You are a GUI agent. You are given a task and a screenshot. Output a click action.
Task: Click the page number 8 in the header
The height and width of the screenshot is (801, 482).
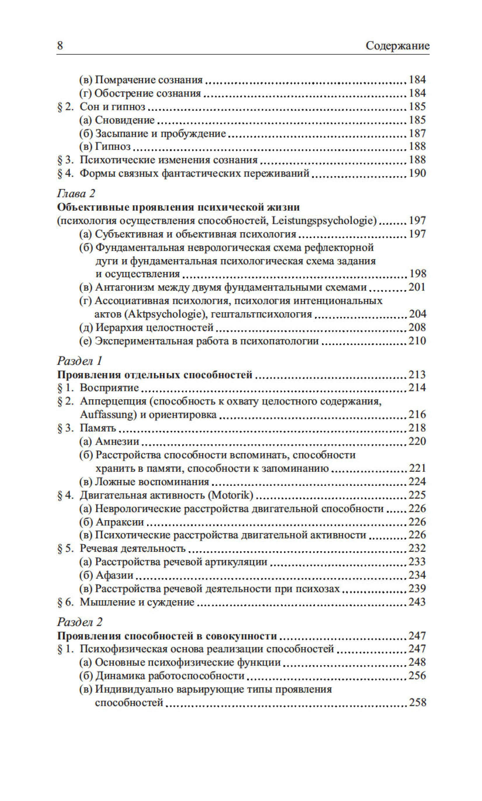pyautogui.click(x=60, y=46)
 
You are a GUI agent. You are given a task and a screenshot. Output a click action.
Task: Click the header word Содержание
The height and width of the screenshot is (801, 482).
pyautogui.click(x=397, y=46)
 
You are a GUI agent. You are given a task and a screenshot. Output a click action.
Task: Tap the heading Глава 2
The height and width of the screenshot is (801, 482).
pyautogui.click(x=76, y=194)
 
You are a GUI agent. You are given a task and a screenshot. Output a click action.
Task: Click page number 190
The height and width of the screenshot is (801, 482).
pyautogui.click(x=417, y=173)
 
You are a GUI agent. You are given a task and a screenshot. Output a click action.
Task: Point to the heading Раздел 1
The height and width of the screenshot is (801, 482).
pyautogui.click(x=80, y=361)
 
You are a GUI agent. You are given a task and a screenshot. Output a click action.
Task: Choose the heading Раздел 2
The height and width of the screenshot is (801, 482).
pyautogui.click(x=80, y=622)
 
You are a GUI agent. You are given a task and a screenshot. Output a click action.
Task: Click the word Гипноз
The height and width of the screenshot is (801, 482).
pyautogui.click(x=113, y=147)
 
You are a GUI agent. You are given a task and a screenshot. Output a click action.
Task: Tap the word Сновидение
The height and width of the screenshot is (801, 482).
pyautogui.click(x=125, y=120)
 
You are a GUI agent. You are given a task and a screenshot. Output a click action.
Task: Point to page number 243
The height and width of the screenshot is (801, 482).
pyautogui.click(x=417, y=602)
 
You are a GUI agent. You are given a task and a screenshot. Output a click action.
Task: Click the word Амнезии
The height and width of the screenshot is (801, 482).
pyautogui.click(x=117, y=441)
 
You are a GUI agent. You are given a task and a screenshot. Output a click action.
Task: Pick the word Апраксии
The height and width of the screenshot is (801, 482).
pyautogui.click(x=119, y=522)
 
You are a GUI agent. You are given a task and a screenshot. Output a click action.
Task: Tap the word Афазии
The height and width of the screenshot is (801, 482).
pyautogui.click(x=114, y=575)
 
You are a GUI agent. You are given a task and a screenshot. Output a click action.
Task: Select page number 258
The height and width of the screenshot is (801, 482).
pyautogui.click(x=417, y=703)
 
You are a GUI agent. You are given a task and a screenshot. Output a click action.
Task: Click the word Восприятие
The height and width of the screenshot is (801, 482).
pyautogui.click(x=109, y=388)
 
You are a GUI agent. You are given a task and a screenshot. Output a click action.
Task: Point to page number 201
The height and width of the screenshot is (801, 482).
pyautogui.click(x=417, y=287)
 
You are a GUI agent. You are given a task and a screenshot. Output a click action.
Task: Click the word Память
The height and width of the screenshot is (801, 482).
pyautogui.click(x=98, y=428)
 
